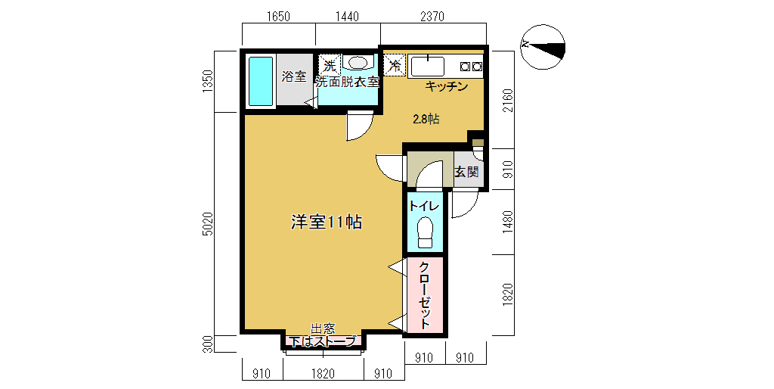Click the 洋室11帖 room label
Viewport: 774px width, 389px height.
pyautogui.click(x=327, y=223)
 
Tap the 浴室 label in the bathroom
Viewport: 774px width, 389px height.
pyautogui.click(x=294, y=76)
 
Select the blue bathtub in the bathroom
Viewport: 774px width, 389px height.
pyautogui.click(x=261, y=81)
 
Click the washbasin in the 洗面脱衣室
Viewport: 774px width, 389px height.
pyautogui.click(x=357, y=63)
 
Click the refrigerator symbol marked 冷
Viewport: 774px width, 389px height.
pyautogui.click(x=395, y=64)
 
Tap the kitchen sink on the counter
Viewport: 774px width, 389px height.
pyautogui.click(x=428, y=67)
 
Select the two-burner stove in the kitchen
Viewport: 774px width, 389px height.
pyautogui.click(x=471, y=67)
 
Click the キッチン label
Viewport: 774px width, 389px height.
pyautogui.click(x=447, y=87)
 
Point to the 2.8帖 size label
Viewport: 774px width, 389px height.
pyautogui.click(x=426, y=119)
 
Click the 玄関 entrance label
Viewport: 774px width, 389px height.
pyautogui.click(x=466, y=172)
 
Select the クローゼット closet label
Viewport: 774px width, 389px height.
pyautogui.click(x=425, y=295)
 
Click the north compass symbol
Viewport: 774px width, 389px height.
pyautogui.click(x=543, y=48)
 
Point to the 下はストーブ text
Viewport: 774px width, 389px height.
pyautogui.click(x=322, y=341)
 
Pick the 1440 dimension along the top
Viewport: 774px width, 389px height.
pyautogui.click(x=348, y=17)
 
